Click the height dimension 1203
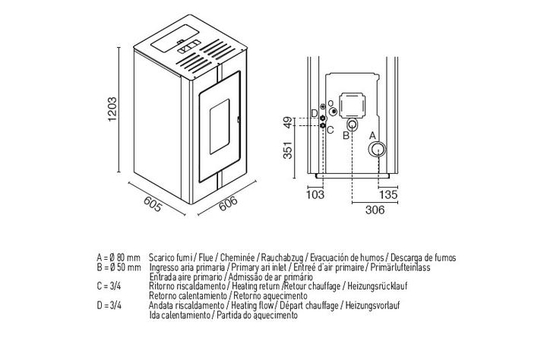tap(112, 109)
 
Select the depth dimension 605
tap(153, 204)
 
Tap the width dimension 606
tap(228, 204)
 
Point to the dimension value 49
tap(288, 122)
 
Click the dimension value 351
tap(288, 150)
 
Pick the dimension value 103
tap(315, 194)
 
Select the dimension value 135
tap(388, 194)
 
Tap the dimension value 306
tap(375, 210)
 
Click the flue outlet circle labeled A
tap(377, 150)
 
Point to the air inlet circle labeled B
tap(353, 124)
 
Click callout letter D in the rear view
tap(315, 113)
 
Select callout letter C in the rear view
tap(330, 130)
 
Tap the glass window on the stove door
tap(220, 126)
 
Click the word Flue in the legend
tap(206, 258)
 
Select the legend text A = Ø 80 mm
tap(119, 258)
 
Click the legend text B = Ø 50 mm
tap(119, 268)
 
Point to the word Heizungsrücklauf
tap(377, 286)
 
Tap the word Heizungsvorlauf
tap(372, 305)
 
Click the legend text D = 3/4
tap(109, 305)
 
